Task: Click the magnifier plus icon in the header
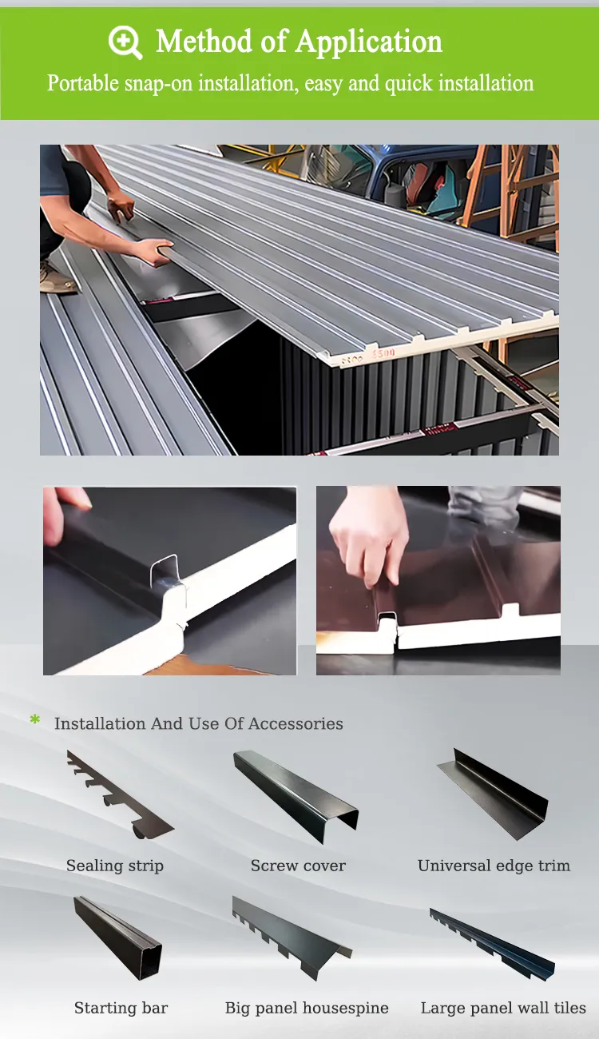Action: click(x=125, y=42)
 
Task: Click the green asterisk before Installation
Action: click(x=35, y=722)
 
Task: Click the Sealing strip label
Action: click(x=115, y=866)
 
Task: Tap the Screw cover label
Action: click(x=298, y=866)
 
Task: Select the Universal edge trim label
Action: click(x=494, y=866)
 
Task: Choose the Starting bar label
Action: click(x=121, y=1008)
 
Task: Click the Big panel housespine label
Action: click(x=307, y=1008)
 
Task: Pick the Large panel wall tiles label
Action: click(x=503, y=1008)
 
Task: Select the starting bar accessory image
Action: click(x=118, y=937)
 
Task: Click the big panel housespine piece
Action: click(x=292, y=937)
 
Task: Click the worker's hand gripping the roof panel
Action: click(x=152, y=250)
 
